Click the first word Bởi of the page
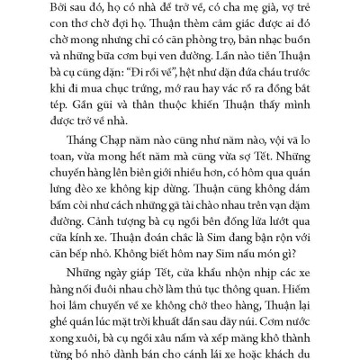coord(68,8)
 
